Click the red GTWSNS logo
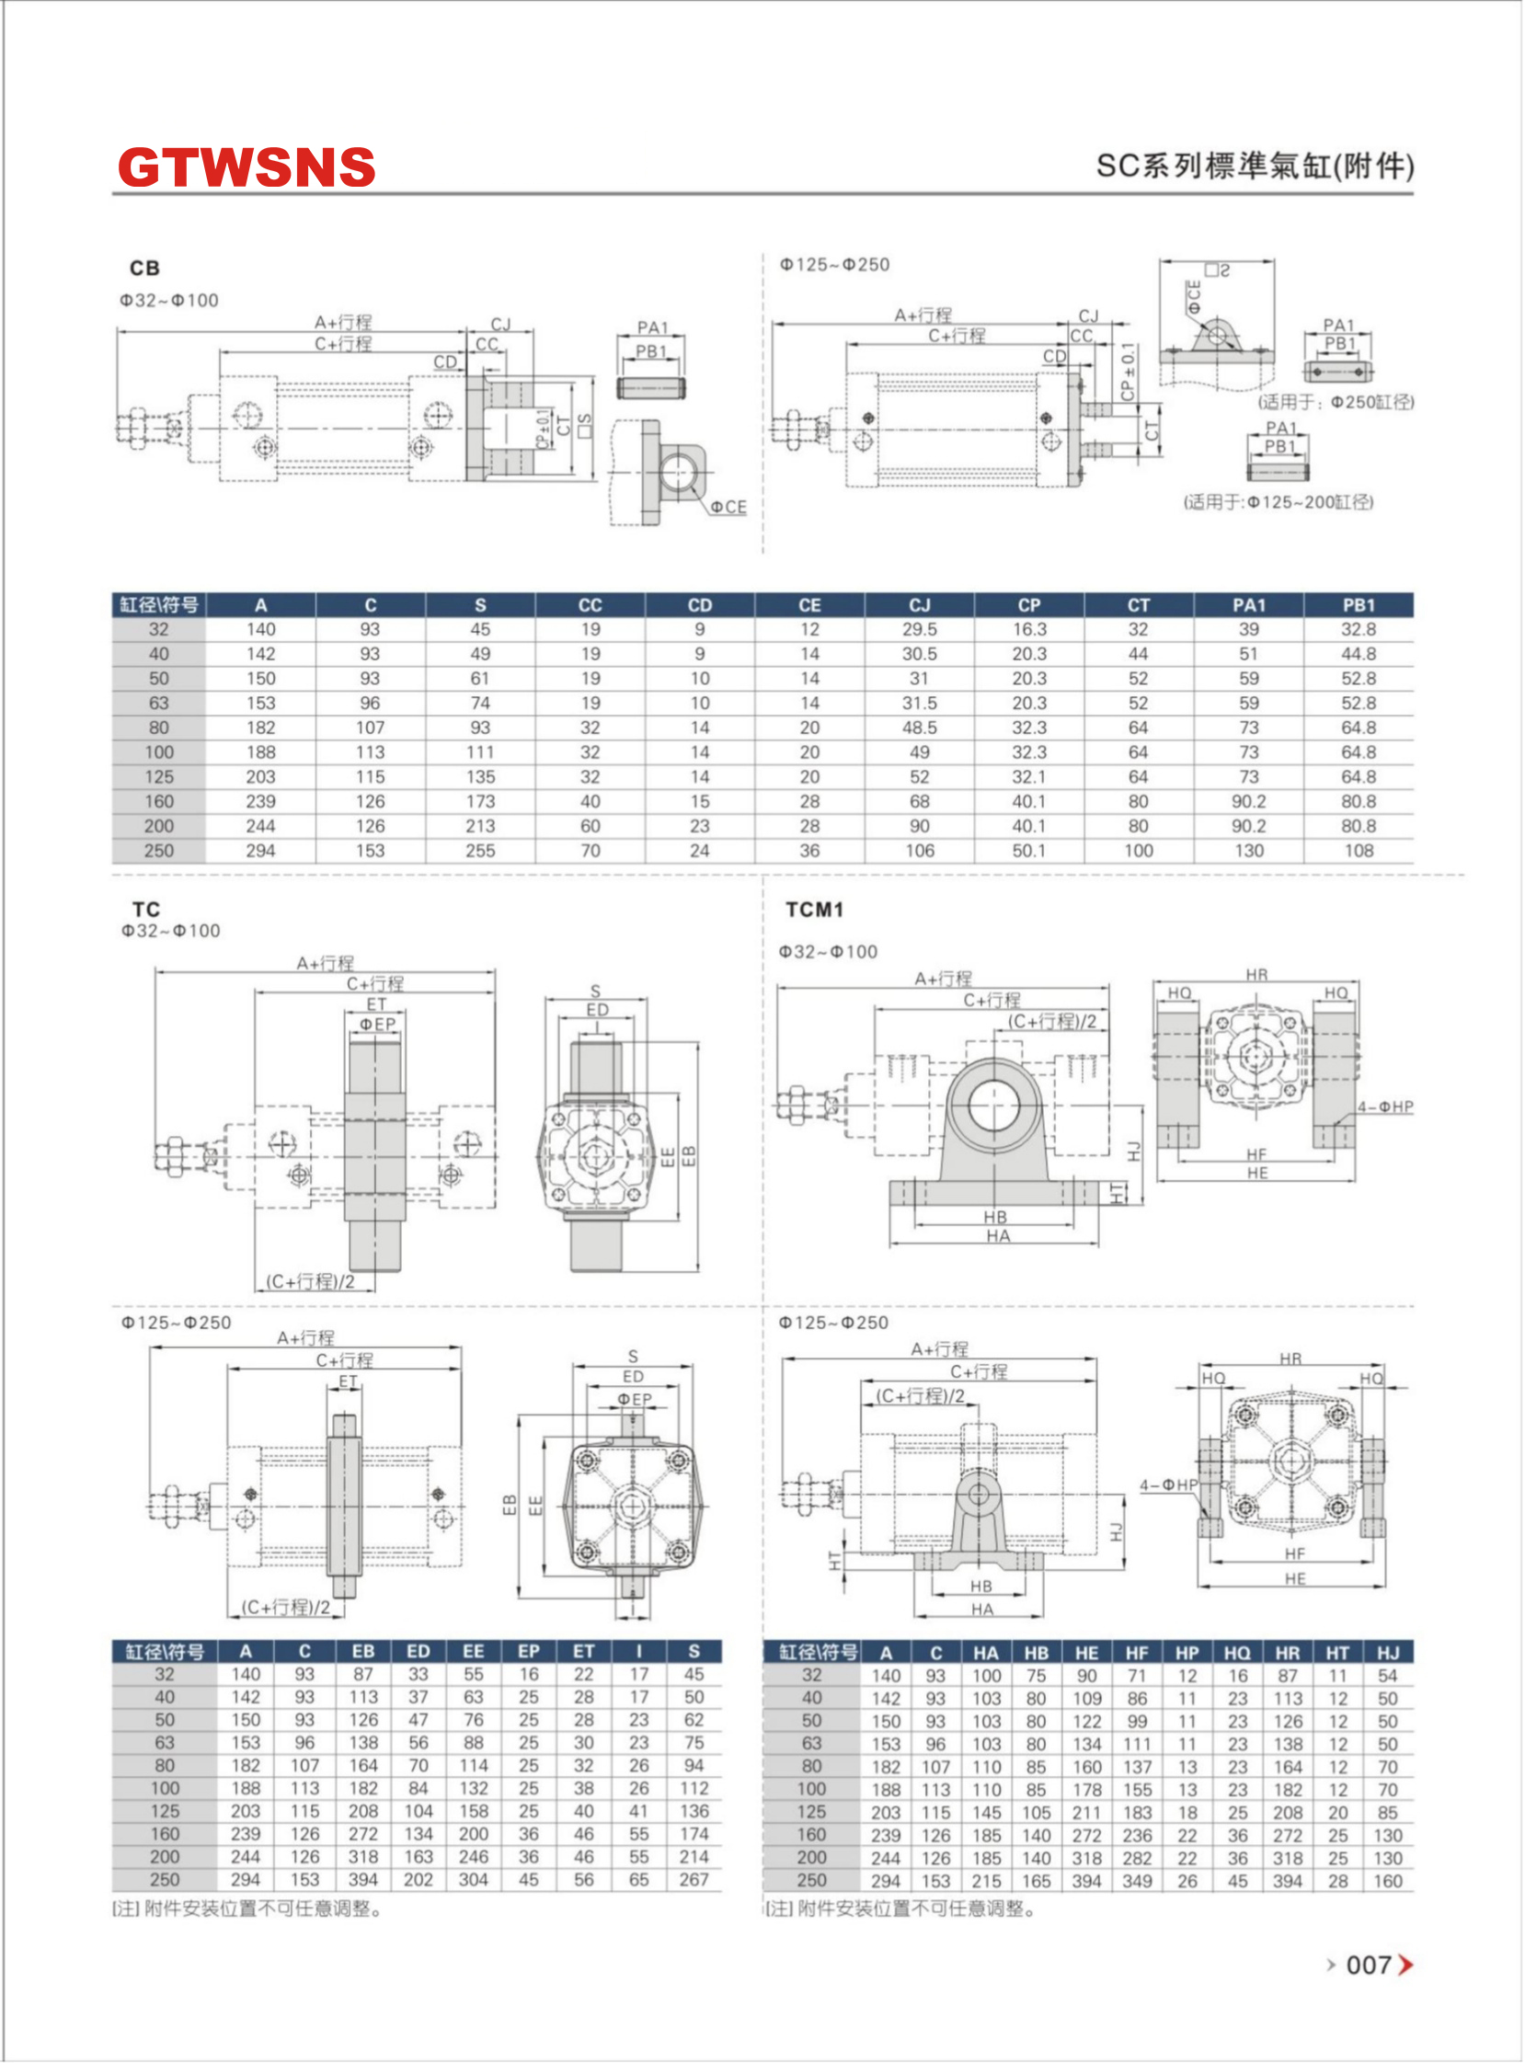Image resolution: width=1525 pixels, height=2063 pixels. tap(247, 166)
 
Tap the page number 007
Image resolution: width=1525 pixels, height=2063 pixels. tap(1369, 1966)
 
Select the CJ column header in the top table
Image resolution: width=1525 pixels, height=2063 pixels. tap(920, 605)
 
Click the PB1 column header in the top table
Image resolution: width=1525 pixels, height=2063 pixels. tap(1359, 605)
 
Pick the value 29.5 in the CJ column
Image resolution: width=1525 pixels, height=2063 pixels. tap(920, 629)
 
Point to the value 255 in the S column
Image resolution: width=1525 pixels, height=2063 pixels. tap(480, 851)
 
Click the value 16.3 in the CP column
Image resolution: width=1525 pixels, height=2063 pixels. tap(1029, 629)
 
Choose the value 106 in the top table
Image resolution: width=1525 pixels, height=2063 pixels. tap(920, 851)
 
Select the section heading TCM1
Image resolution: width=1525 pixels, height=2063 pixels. tap(814, 911)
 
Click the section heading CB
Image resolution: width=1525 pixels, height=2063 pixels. tap(145, 268)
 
